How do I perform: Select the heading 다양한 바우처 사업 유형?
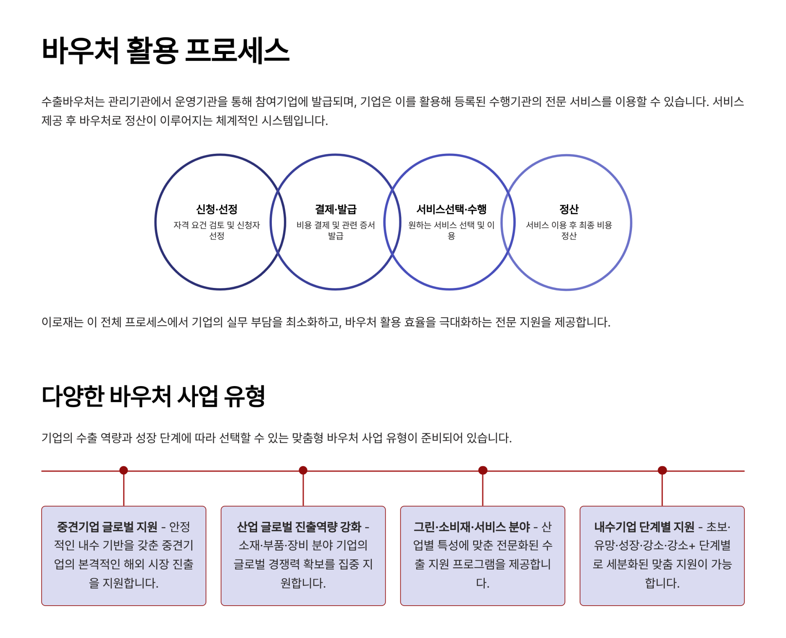coord(154,396)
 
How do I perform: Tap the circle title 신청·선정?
coord(217,209)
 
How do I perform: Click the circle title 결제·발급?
coord(335,209)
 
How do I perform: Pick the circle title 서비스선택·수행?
coord(451,209)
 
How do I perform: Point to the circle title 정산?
coord(569,209)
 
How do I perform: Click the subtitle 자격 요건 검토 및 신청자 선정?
coord(217,230)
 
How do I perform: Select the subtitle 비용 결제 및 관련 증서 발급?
coord(335,230)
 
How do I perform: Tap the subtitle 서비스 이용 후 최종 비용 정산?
coord(569,230)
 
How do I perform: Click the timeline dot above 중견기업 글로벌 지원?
coord(124,470)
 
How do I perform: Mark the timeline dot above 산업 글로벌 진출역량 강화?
coord(303,470)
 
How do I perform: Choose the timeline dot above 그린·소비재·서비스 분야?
coord(483,470)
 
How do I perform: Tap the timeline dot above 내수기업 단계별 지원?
coord(662,470)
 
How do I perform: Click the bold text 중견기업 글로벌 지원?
coord(107,527)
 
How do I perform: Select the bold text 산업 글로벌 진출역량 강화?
coord(299,527)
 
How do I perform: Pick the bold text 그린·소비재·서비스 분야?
coord(472,527)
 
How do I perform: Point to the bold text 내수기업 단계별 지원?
coord(644,527)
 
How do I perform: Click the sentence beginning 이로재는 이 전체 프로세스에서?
coord(325,322)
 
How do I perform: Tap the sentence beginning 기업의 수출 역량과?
coord(276,438)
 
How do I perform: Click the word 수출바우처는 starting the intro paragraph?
coord(73,101)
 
